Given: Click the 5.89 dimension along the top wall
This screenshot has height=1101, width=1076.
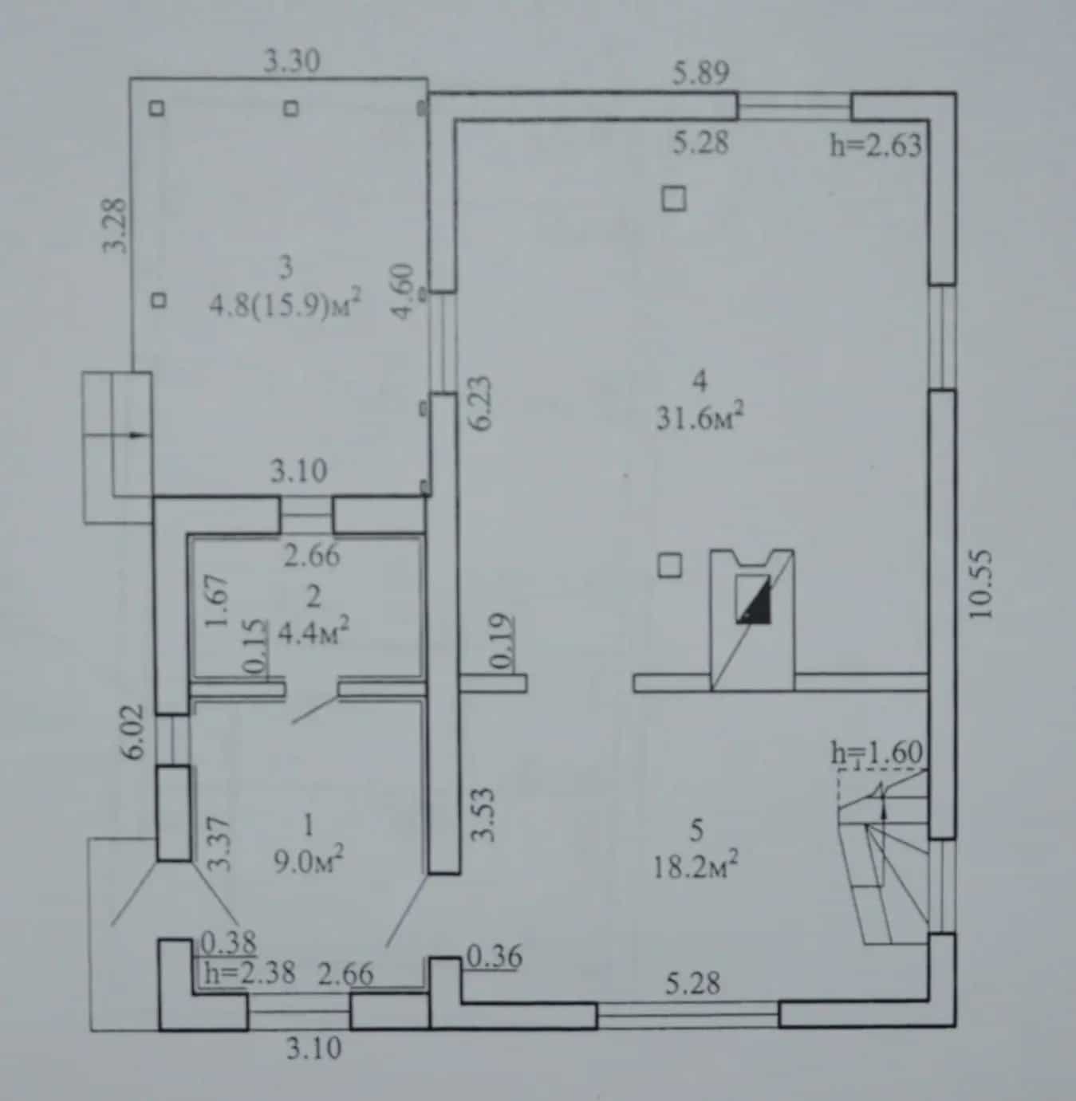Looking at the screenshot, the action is [701, 73].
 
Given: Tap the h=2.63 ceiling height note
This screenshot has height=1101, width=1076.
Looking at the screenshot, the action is [876, 145].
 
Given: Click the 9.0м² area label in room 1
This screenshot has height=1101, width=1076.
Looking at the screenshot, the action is [309, 862].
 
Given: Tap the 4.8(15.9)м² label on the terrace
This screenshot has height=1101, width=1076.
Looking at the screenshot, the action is [285, 306].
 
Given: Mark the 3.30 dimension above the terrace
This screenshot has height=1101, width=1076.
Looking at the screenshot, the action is [292, 61].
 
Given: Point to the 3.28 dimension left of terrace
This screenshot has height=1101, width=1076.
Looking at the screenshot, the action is [116, 225].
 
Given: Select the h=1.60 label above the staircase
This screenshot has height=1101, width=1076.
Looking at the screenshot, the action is [877, 753].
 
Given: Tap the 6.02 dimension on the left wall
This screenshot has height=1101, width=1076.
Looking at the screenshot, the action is [137, 732].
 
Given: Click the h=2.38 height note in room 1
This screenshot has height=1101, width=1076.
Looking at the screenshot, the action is [250, 973].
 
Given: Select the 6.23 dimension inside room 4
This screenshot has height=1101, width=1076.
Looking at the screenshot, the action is [482, 404].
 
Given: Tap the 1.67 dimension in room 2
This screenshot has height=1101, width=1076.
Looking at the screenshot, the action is [217, 601].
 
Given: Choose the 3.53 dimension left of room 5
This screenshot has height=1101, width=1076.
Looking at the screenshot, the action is [484, 814].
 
